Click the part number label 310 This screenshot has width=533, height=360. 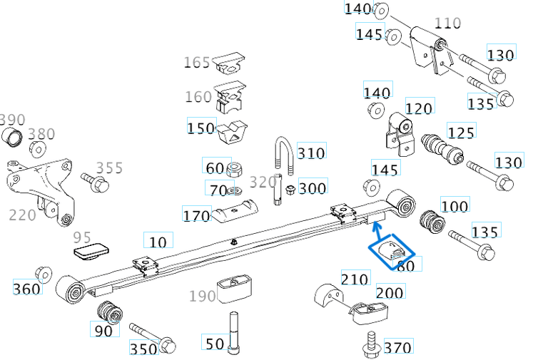[x=311, y=153]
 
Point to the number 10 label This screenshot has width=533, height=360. [x=158, y=241]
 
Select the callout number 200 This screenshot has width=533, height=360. [x=390, y=292]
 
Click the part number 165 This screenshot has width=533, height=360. [x=197, y=63]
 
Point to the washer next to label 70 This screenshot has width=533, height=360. [x=235, y=190]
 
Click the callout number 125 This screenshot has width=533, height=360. [x=460, y=131]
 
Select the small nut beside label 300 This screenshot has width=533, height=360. [x=290, y=190]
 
